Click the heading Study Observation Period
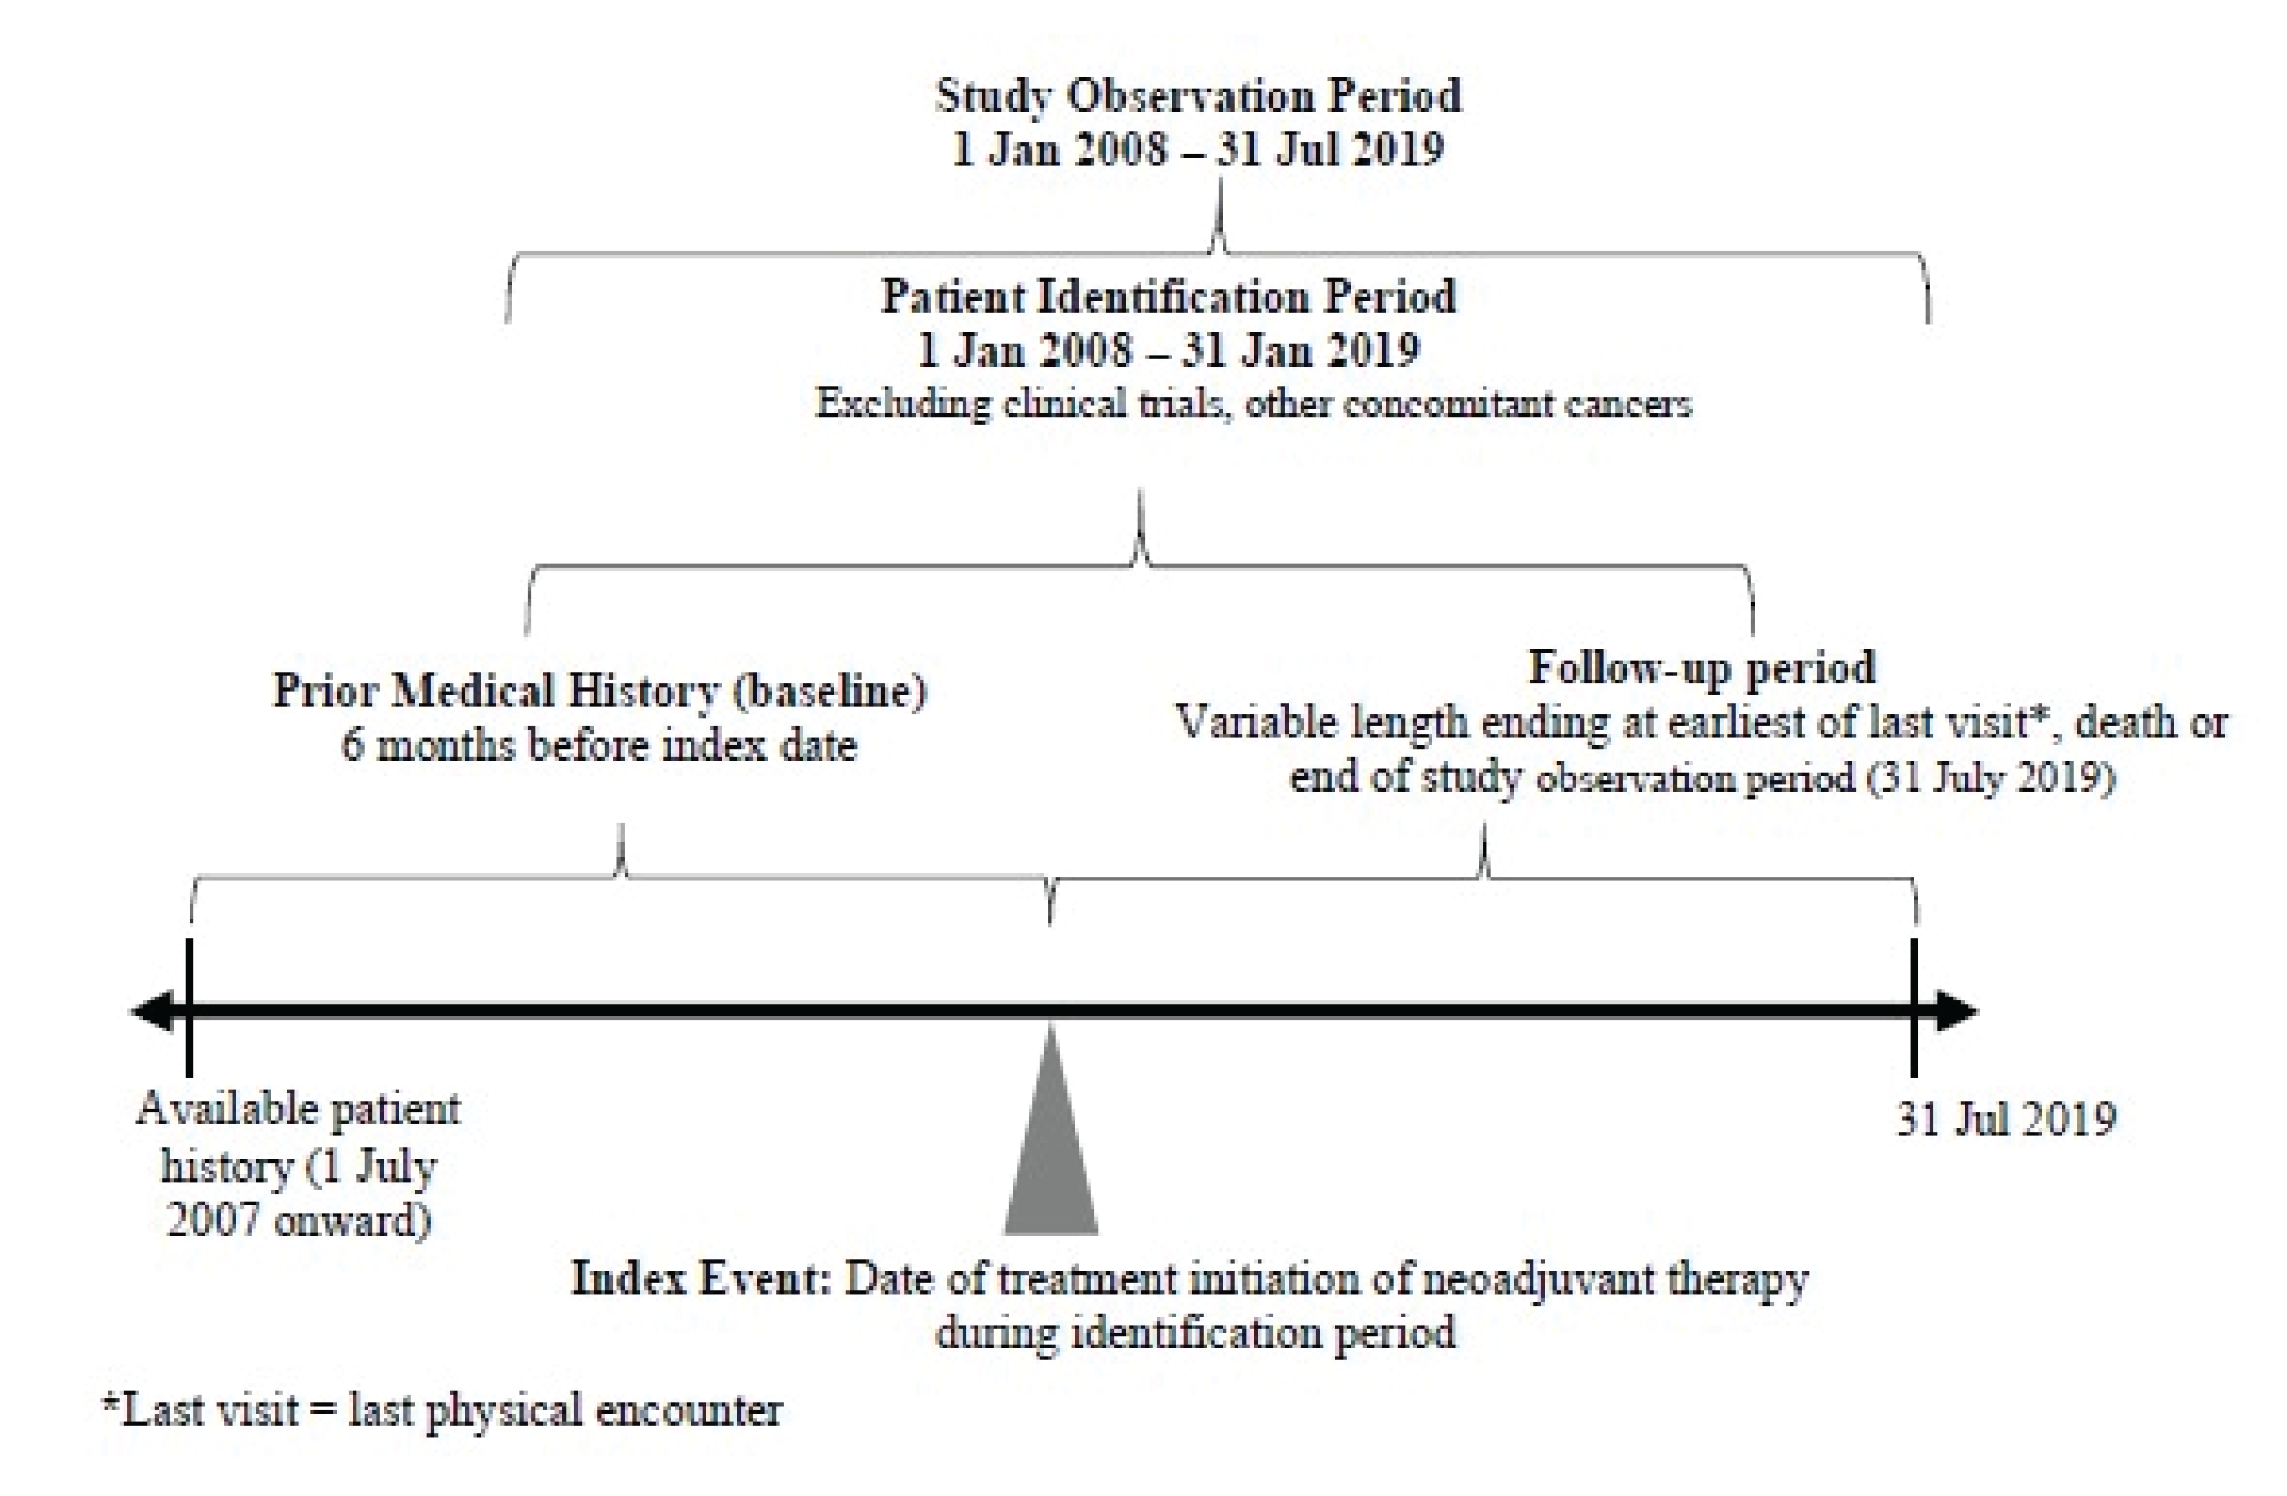pos(1197,96)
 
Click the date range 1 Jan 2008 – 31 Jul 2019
pos(1197,150)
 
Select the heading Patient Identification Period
pos(1168,297)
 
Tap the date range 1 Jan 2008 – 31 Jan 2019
pos(1168,350)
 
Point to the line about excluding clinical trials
pos(1253,404)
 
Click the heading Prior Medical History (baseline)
pos(600,691)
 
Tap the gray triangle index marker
pos(1051,1153)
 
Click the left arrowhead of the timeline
pos(154,1011)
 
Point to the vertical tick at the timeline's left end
pos(189,1007)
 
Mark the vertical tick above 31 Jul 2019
pos(1914,1007)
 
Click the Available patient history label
pos(298,1110)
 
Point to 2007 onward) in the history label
pos(298,1220)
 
